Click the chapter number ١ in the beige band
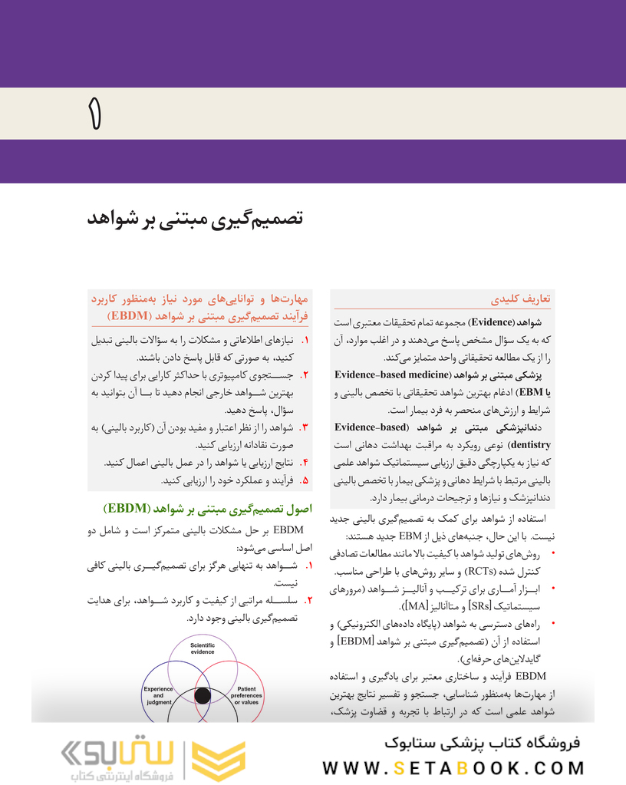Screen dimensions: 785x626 click(94, 114)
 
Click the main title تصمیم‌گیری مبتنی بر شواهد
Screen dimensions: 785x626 click(195, 219)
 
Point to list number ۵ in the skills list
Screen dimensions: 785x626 click(305, 480)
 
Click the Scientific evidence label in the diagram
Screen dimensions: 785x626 click(203, 649)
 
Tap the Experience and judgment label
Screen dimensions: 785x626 click(158, 694)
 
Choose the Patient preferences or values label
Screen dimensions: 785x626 click(246, 695)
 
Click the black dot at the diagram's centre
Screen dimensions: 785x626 click(203, 696)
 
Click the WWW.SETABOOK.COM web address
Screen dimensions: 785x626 click(453, 767)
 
